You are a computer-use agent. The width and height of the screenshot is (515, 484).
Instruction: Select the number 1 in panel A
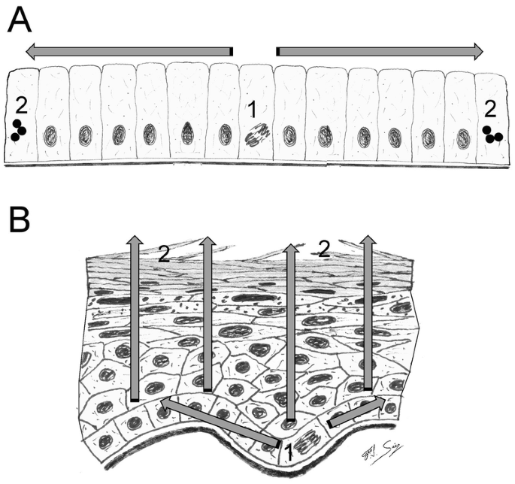coord(253,110)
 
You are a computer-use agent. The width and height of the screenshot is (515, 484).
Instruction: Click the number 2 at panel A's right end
coord(490,110)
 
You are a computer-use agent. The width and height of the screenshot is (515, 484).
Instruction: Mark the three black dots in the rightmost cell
coord(493,134)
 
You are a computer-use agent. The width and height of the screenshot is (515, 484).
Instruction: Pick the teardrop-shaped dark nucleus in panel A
coord(188,132)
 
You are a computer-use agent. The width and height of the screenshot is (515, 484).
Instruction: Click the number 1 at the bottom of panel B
coord(286,453)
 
